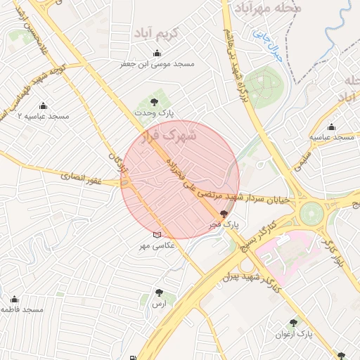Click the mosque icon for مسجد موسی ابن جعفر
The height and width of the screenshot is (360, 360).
156,53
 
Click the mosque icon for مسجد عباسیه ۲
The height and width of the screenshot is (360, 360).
43,106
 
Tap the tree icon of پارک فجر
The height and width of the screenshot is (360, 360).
224,214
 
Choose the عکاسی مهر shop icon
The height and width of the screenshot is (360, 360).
157,235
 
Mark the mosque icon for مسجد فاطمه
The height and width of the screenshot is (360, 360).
14,300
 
